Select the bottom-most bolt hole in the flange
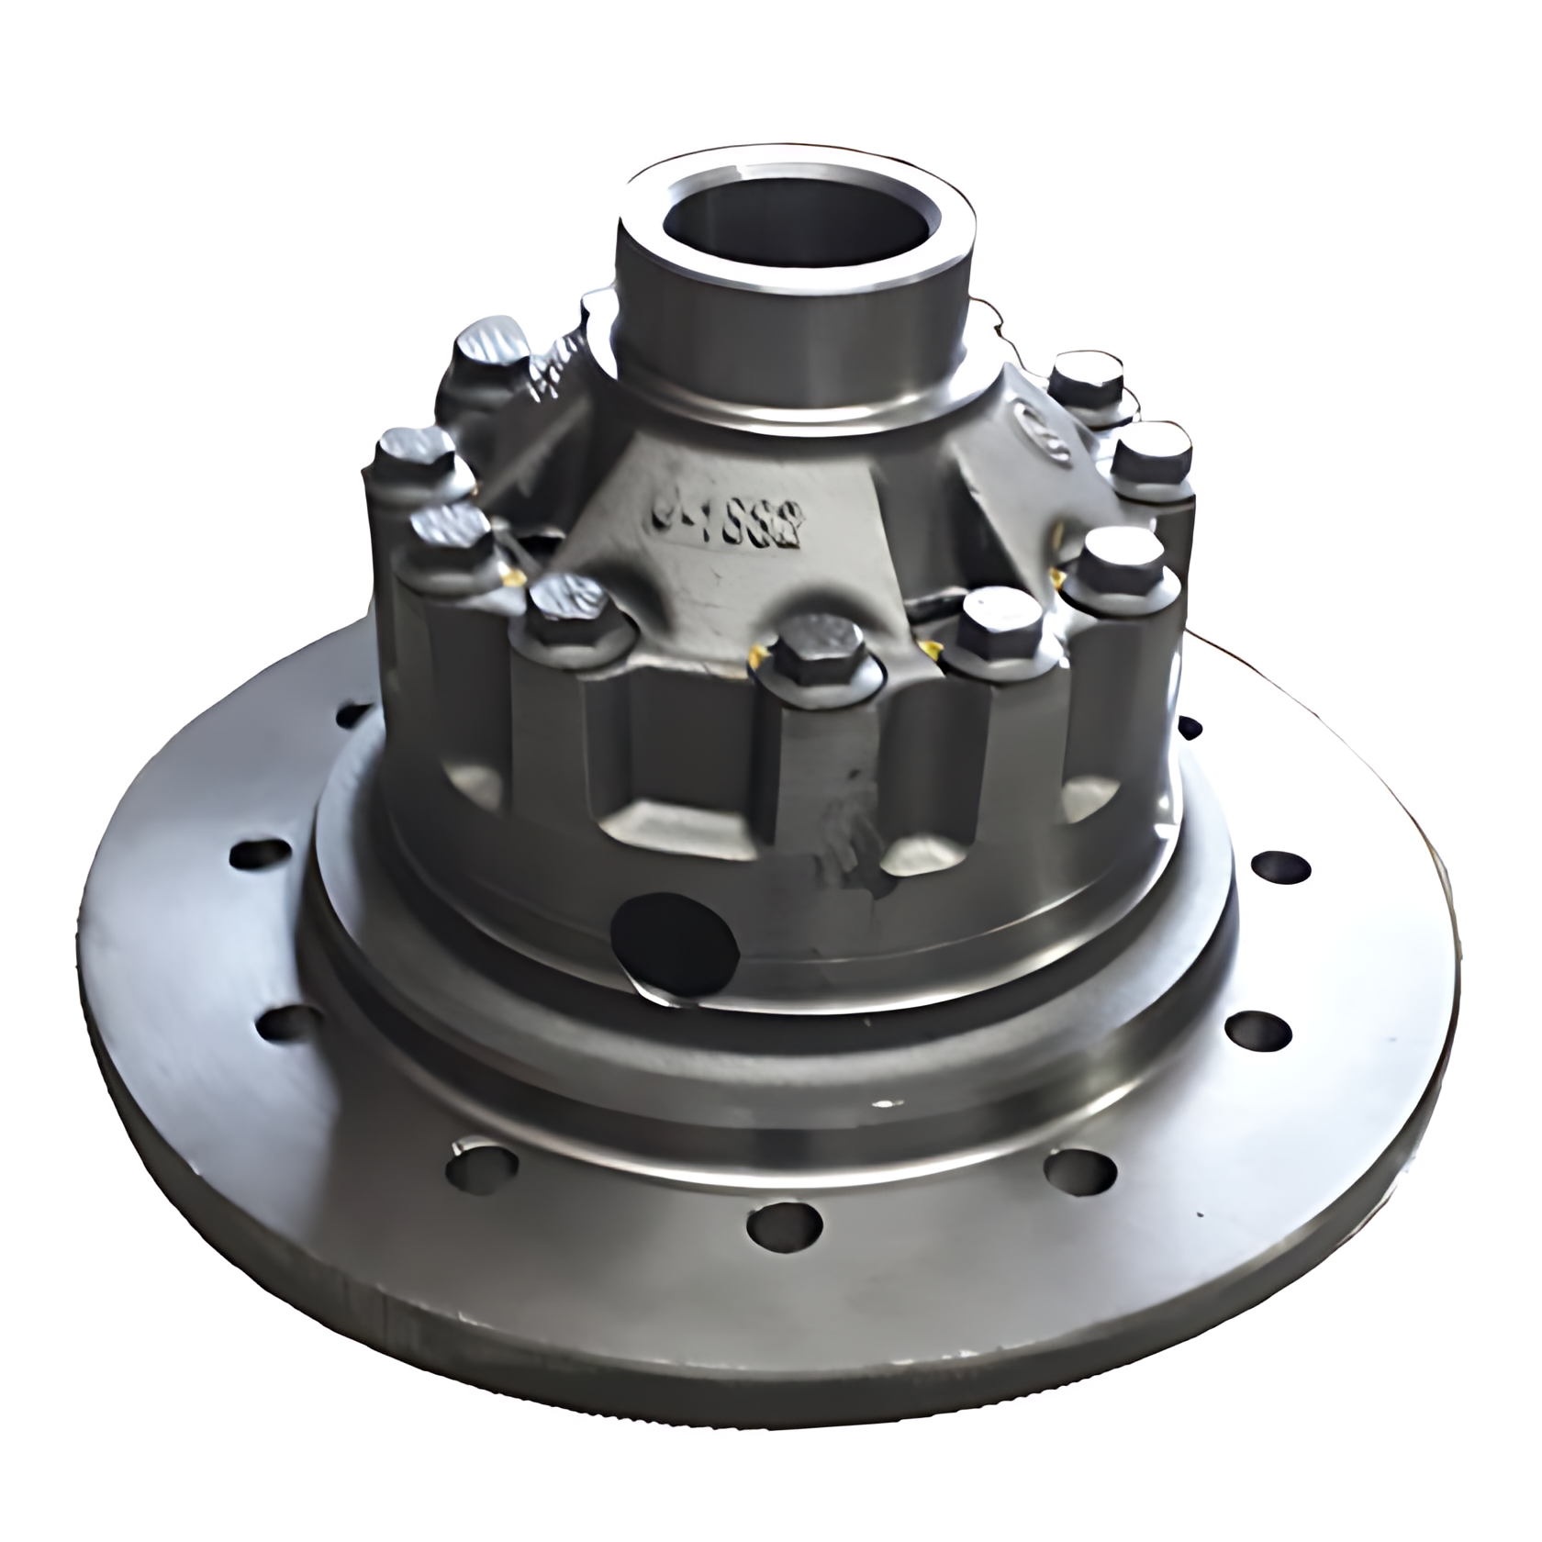(784, 1226)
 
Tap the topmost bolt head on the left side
(493, 344)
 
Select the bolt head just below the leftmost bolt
(450, 529)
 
